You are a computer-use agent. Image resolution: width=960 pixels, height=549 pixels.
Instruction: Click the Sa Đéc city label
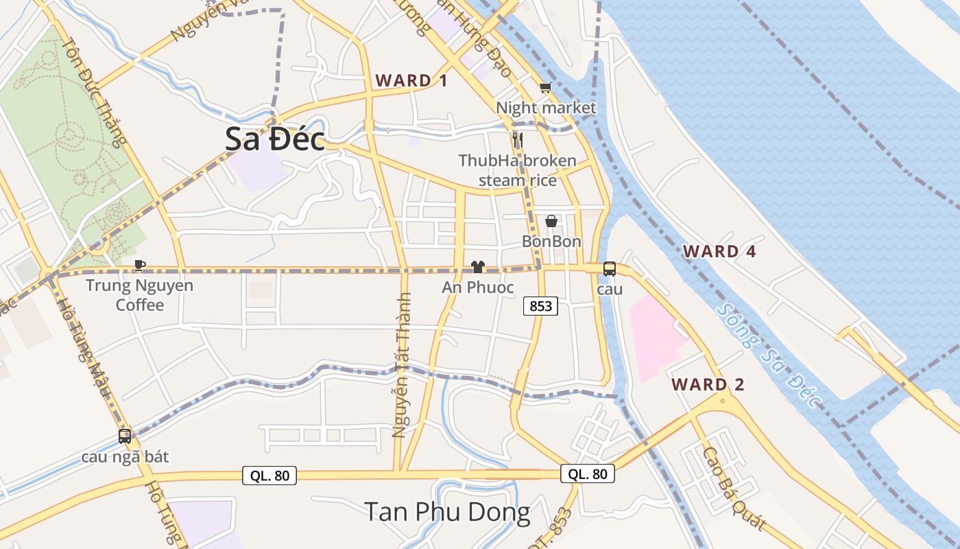coord(275,140)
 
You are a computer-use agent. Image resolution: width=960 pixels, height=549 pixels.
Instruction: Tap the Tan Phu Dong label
coord(447,512)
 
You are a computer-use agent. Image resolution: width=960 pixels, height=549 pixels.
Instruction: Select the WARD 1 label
coord(411,80)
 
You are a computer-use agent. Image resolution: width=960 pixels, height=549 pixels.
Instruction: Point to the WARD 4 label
coord(719,251)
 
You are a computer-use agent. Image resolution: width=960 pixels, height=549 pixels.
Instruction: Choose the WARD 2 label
coord(708,384)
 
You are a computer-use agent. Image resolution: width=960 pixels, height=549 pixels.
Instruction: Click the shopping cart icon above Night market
coord(545,88)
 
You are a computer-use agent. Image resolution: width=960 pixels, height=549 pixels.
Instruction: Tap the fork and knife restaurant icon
coord(518,141)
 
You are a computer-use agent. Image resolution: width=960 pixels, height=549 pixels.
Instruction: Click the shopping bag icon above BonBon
coord(551,221)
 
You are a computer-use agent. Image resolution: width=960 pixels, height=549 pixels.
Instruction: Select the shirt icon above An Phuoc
coord(478,267)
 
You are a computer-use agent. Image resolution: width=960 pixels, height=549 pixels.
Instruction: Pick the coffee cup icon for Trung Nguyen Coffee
coord(140,265)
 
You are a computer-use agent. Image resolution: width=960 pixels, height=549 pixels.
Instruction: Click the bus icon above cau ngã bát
coord(125,436)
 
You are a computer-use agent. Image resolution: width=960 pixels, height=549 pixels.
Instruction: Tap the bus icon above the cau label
coord(610,269)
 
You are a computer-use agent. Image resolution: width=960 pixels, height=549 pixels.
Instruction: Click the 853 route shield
coord(540,306)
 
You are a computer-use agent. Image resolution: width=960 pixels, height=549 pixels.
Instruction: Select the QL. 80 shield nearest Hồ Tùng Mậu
coord(269,475)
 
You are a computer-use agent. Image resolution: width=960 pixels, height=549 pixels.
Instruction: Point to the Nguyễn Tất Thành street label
coord(402,364)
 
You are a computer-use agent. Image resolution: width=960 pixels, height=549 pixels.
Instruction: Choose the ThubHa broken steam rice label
coord(517,170)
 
